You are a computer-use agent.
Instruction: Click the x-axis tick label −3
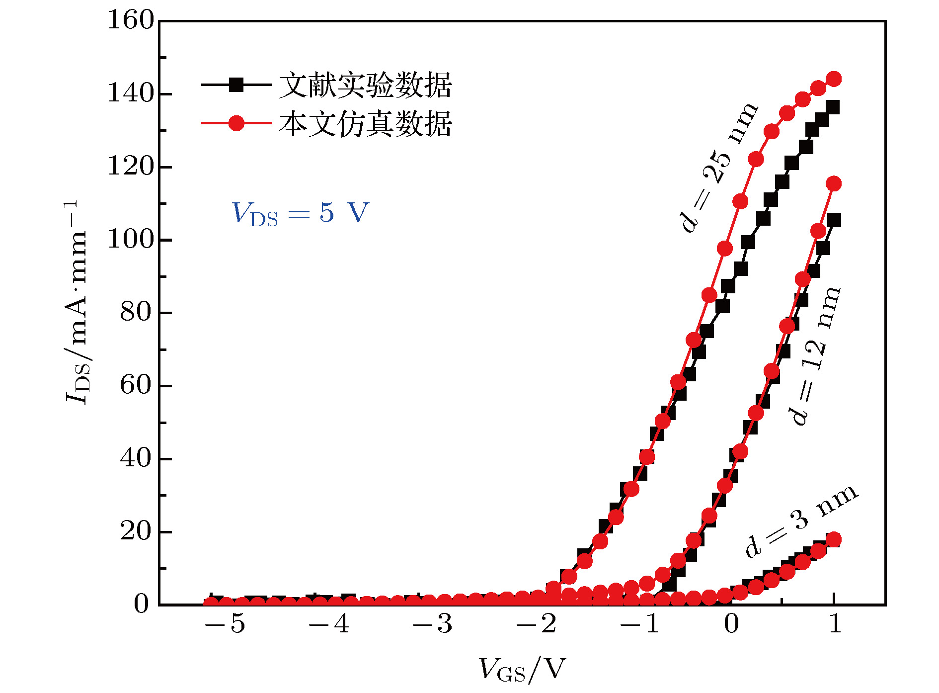point(432,623)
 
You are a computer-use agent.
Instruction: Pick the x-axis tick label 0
point(731,623)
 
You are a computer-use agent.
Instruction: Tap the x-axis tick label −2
point(537,623)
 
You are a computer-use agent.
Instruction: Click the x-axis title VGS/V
point(522,669)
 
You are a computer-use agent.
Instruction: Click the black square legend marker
point(236,85)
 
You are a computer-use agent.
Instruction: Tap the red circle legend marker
point(236,123)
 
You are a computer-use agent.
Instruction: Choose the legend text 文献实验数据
point(365,85)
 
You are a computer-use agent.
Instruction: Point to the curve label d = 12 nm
point(815,356)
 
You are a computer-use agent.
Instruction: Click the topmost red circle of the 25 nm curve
point(834,79)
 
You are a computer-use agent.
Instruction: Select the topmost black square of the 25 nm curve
point(833,107)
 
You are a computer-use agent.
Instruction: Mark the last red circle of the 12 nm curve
point(834,183)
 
